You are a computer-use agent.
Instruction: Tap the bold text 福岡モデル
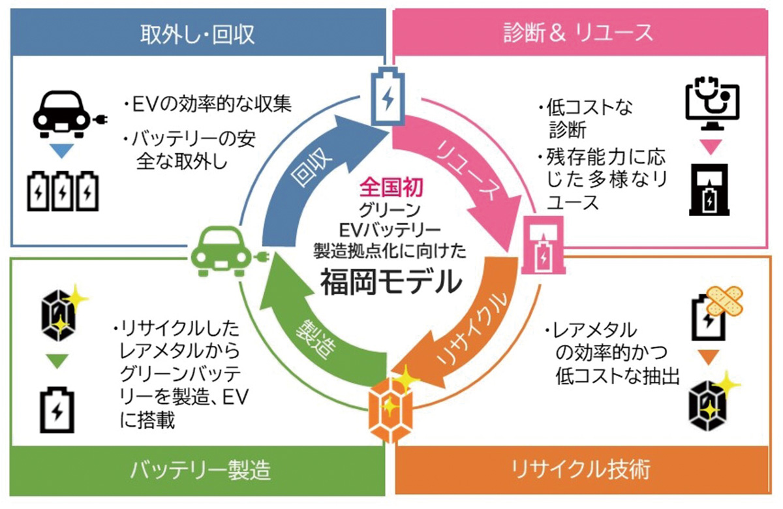[390, 282]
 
